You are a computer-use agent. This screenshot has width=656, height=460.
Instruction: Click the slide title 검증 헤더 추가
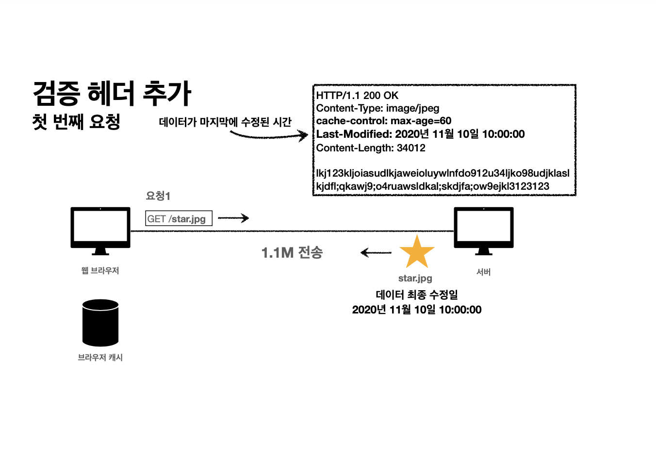112,94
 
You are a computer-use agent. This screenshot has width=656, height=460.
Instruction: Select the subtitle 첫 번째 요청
76,121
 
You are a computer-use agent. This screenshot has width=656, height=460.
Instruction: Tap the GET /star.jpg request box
179,219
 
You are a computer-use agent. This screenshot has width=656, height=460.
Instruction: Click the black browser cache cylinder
100,323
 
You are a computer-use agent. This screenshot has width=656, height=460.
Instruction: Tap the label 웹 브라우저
100,271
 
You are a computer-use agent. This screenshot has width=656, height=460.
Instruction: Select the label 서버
483,272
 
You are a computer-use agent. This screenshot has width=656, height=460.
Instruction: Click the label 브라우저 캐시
100,358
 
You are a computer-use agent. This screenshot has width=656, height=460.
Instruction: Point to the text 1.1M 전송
292,252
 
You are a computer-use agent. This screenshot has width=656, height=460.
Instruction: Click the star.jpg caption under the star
415,278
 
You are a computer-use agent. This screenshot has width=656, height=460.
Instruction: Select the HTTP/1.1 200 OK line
357,96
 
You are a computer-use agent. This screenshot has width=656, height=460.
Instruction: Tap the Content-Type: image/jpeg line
377,108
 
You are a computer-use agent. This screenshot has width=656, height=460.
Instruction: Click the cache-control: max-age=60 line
383,121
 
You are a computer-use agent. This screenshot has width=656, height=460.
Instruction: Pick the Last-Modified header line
420,134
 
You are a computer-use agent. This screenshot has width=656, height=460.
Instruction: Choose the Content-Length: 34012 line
371,148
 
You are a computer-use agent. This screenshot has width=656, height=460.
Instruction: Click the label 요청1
158,196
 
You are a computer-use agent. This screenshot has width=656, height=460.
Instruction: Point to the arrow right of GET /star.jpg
233,218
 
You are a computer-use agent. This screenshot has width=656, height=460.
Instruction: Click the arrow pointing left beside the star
376,252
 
